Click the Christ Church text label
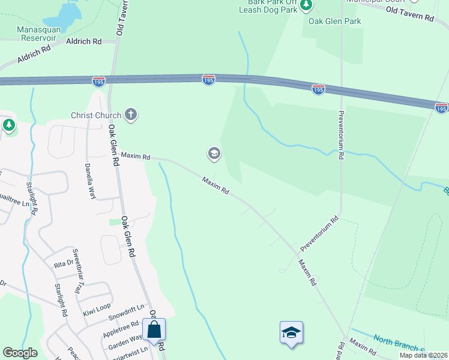(x=96, y=115)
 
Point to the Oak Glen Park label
(x=335, y=21)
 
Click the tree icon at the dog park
(x=307, y=5)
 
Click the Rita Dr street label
(x=63, y=263)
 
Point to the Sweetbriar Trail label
(x=76, y=271)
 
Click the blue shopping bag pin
(x=154, y=330)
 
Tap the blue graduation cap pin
(x=291, y=333)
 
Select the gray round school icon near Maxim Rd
(x=214, y=154)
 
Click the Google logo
(x=20, y=353)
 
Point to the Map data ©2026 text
(x=423, y=355)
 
